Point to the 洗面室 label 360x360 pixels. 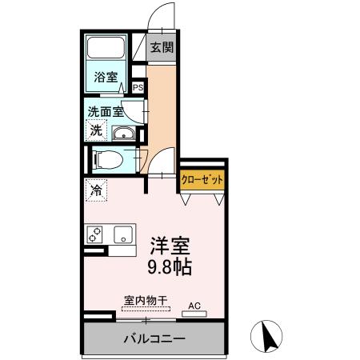[x=104, y=113]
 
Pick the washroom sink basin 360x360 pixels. [x=124, y=134]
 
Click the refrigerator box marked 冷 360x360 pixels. [x=96, y=190]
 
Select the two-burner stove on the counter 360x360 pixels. [x=95, y=234]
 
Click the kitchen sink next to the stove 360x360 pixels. [x=123, y=234]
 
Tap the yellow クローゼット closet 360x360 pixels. [x=201, y=181]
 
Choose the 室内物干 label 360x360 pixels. [x=145, y=301]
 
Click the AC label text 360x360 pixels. [x=194, y=305]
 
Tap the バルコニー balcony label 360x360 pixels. [x=154, y=338]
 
